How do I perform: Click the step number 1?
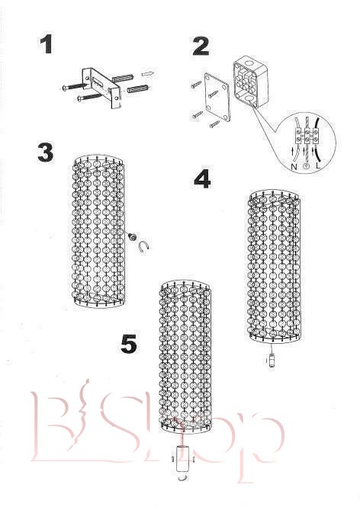[x=47, y=45]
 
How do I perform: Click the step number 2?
[x=201, y=47]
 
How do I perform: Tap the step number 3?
[x=45, y=152]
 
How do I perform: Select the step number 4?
[x=202, y=179]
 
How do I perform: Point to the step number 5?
[x=129, y=344]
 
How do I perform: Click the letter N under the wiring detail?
[x=294, y=167]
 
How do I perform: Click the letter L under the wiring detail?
[x=318, y=166]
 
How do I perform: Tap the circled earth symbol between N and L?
[x=306, y=166]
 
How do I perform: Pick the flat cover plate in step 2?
[x=217, y=97]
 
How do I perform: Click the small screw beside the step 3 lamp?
[x=132, y=236]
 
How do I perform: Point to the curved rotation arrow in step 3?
[x=143, y=247]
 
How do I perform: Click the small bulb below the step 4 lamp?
[x=272, y=360]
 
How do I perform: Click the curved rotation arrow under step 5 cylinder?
[x=183, y=478]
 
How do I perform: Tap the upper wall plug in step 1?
[x=123, y=79]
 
